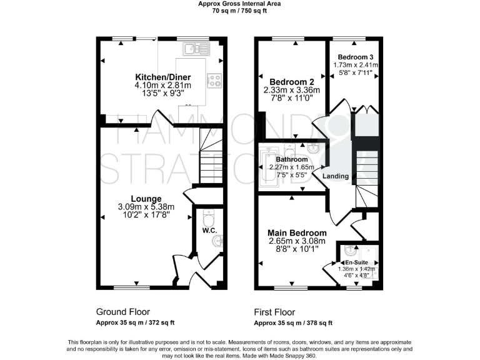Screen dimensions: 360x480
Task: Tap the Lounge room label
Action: [146, 198]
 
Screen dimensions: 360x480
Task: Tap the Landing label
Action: [336, 176]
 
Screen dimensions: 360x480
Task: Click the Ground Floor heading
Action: [122, 312]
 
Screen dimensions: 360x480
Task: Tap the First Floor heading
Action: [274, 312]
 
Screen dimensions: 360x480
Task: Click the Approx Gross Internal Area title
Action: [239, 4]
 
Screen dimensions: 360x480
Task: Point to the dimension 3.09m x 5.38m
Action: [146, 207]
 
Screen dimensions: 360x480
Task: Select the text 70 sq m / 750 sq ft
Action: [239, 11]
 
